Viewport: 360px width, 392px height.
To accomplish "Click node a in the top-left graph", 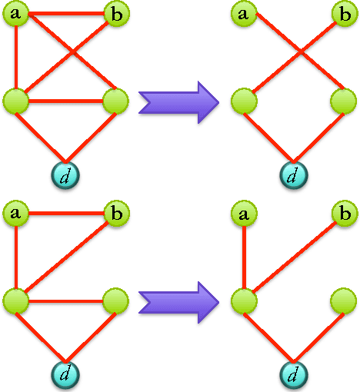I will click(15, 13).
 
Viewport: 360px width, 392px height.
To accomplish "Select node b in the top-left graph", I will click(115, 13).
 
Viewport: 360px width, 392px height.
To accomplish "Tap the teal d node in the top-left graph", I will click(65, 174).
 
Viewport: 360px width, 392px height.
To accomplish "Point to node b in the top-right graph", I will click(344, 13).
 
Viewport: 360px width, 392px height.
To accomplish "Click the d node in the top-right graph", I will click(292, 174).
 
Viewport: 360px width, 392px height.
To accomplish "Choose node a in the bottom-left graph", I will click(15, 211).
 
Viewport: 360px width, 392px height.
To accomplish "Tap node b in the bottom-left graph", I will click(115, 211).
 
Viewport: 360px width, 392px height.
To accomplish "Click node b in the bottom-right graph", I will click(344, 211).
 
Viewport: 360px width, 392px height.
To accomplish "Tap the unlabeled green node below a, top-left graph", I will click(15, 100).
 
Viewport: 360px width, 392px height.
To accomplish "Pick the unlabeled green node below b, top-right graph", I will click(344, 100).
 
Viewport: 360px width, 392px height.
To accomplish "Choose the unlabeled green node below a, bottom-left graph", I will click(15, 298).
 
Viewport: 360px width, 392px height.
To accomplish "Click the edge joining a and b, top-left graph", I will click(65, 13).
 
